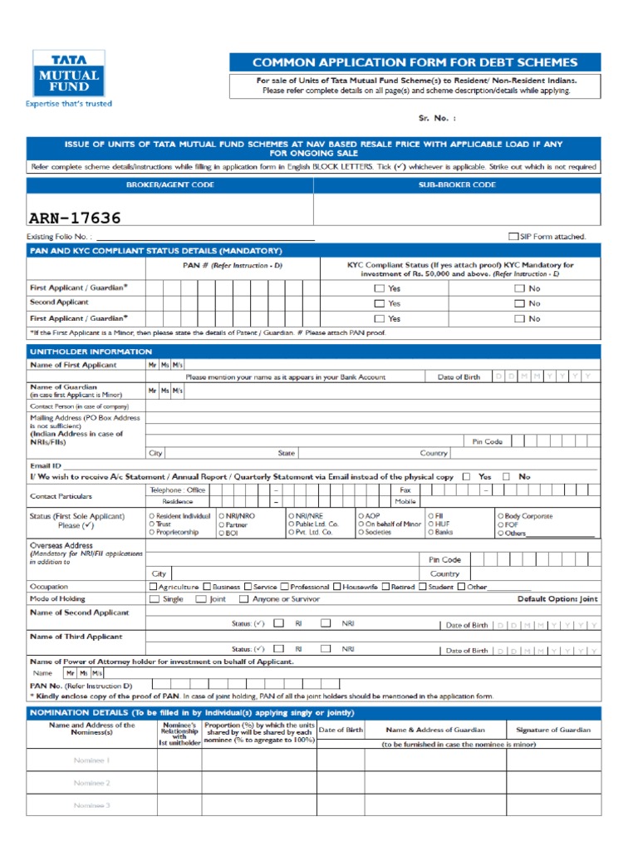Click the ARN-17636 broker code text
[x=75, y=219]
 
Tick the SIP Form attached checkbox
[x=513, y=236]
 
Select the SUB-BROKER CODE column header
[x=457, y=184]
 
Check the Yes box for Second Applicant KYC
[x=379, y=303]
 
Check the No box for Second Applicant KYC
[x=519, y=303]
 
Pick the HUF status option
[x=430, y=524]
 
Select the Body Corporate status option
[x=500, y=516]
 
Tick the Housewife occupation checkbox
[x=337, y=587]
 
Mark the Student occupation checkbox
[x=423, y=587]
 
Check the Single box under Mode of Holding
[x=154, y=599]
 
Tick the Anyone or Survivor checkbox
[x=243, y=599]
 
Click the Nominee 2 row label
[x=91, y=783]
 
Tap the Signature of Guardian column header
[x=553, y=730]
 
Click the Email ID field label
[x=46, y=466]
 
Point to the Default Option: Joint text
[x=557, y=599]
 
